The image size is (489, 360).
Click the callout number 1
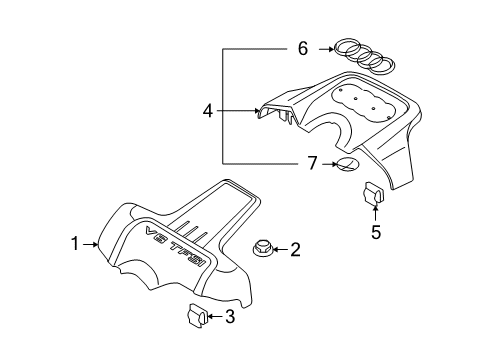75,244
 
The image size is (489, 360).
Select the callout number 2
295,249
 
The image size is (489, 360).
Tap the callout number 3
230,316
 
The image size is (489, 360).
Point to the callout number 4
208,111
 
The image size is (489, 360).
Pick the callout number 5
376,232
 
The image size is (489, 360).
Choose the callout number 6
303,49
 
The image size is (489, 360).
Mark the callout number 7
312,163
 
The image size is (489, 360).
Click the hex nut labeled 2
262,249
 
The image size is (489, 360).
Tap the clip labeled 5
373,192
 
